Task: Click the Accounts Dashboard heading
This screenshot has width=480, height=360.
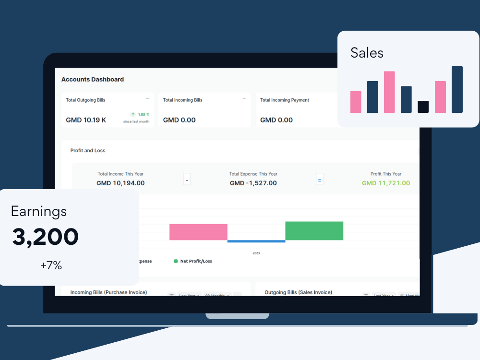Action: tap(93, 80)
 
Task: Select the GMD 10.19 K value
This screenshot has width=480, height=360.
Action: tap(86, 120)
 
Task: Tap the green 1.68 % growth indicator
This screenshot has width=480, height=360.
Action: tap(140, 115)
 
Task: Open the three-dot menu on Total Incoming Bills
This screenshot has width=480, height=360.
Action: tap(244, 98)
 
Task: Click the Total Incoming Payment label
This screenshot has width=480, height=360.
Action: tap(285, 100)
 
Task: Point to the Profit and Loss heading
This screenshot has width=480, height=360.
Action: tap(88, 151)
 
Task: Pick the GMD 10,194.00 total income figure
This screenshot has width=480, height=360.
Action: tap(120, 183)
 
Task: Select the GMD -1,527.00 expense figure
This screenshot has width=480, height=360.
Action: tap(253, 183)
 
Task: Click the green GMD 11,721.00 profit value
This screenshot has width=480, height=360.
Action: tap(386, 183)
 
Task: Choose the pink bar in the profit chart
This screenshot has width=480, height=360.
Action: tap(198, 232)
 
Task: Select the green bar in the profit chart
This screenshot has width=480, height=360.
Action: tap(314, 231)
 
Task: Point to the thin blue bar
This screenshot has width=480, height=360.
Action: tap(256, 241)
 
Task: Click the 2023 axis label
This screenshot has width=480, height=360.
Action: tap(256, 253)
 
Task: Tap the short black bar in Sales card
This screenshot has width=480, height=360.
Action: tap(423, 107)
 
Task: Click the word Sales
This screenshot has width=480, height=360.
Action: tap(367, 53)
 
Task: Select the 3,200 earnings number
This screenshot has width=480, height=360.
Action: tap(46, 237)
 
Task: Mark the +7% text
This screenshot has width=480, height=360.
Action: tap(51, 265)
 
